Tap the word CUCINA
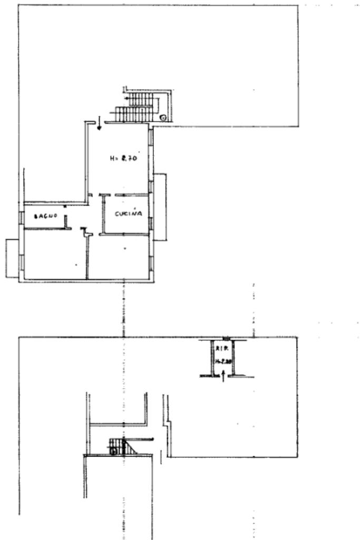point(129,214)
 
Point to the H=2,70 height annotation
point(123,157)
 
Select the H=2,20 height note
point(222,361)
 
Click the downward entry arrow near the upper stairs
point(99,124)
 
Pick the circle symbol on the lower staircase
point(113,451)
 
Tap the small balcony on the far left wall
point(12,258)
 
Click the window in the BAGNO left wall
point(21,217)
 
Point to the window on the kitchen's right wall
point(151,224)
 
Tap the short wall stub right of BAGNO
point(65,221)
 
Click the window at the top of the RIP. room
point(226,339)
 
